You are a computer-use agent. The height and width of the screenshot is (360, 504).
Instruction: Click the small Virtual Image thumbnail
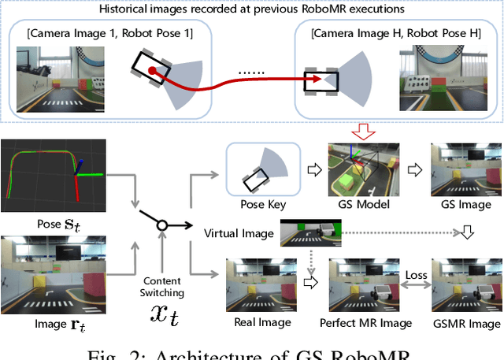311,232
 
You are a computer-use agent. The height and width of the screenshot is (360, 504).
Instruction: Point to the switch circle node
161,226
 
